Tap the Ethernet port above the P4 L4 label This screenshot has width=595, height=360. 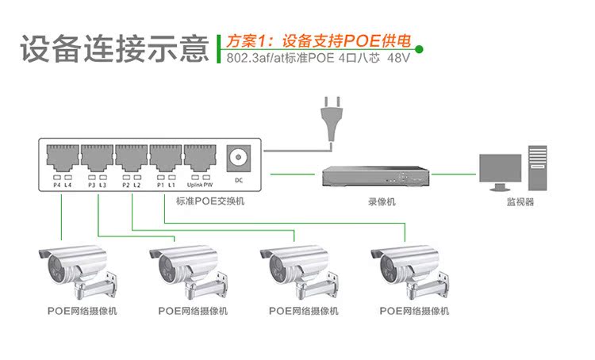pyautogui.click(x=62, y=157)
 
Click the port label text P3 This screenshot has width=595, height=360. pyautogui.click(x=91, y=185)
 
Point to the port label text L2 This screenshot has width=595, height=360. pyautogui.click(x=137, y=185)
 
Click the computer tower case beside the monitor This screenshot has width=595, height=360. pyautogui.click(x=537, y=168)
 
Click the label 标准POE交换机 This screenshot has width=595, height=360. pyautogui.click(x=210, y=202)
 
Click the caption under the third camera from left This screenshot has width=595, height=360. pyautogui.click(x=304, y=312)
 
